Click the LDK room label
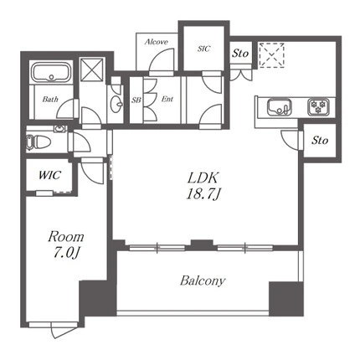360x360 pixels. point(203,177)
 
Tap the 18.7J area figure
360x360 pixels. point(203,194)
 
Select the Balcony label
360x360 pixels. point(203,280)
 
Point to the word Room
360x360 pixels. point(66,237)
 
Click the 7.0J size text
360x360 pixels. point(66,253)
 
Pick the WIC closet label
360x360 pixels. point(49,175)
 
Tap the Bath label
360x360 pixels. point(50,99)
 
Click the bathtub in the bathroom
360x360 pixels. point(51,73)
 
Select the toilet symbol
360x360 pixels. point(39,141)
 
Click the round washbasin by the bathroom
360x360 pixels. point(116,104)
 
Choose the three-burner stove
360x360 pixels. point(318,107)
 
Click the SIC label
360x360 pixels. point(203,49)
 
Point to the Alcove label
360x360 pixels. point(157,42)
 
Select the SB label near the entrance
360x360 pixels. point(136,100)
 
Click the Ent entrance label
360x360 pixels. point(167,99)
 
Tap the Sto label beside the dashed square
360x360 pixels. point(240,53)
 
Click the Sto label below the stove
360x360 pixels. point(320,140)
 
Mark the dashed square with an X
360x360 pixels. point(271,55)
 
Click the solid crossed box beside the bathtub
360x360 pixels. point(92,69)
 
